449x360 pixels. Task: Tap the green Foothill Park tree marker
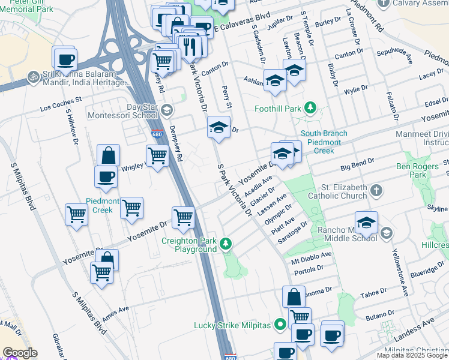tap(310, 108)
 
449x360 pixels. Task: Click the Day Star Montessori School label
tap(122, 110)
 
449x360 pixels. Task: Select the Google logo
tap(20, 353)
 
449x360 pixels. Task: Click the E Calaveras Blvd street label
tap(238, 26)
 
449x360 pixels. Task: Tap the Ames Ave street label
tap(116, 314)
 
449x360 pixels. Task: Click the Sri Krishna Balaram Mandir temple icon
tap(31, 78)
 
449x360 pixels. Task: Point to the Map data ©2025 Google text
tap(412, 355)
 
